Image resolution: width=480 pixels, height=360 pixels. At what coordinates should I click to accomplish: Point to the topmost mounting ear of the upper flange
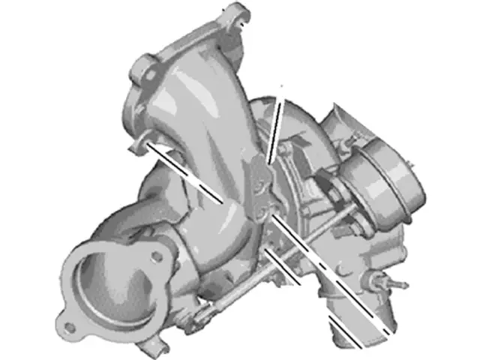[x=238, y=15]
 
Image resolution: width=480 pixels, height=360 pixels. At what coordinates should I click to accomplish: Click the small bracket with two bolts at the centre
[x=259, y=187]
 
